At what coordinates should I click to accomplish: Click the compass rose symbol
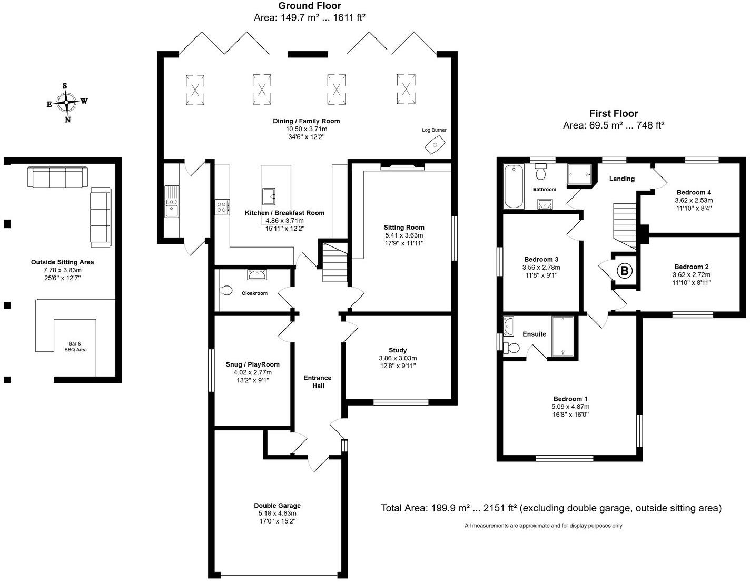(66, 102)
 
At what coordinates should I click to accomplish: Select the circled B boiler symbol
(625, 271)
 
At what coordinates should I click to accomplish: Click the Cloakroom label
(254, 293)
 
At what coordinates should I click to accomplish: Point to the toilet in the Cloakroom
(226, 290)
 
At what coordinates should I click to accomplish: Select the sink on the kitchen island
(270, 196)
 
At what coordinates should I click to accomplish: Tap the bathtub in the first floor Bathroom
(512, 186)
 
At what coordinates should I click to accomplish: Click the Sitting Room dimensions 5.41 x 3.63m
(403, 235)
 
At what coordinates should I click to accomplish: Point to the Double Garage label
(277, 506)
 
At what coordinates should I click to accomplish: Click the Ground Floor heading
(309, 6)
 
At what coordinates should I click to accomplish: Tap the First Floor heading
(613, 114)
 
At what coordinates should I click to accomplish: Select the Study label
(398, 350)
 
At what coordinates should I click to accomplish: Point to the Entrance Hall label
(318, 381)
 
